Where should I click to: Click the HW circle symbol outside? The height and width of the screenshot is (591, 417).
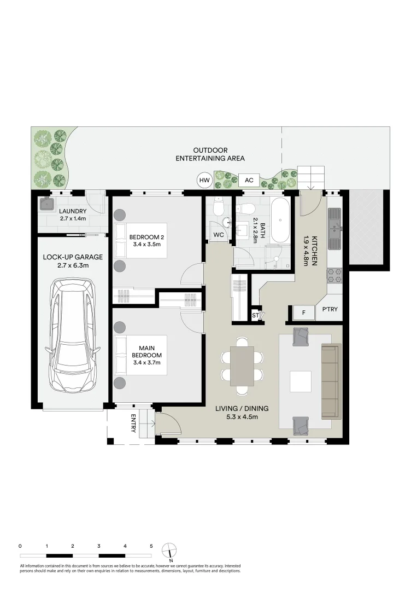204,180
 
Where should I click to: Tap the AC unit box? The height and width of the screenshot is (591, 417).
249,180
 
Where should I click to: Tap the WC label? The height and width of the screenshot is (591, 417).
219,235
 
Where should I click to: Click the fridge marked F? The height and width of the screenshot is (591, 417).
302,313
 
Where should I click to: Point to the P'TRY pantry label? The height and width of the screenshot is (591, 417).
330,310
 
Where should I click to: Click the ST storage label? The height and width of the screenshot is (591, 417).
255,315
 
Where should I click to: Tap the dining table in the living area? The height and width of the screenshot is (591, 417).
242,366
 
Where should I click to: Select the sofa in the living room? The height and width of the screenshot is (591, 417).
329,380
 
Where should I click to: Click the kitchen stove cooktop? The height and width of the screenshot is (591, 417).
334,275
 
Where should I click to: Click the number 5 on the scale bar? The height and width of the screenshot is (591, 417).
151,546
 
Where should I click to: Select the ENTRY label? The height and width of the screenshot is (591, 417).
133,424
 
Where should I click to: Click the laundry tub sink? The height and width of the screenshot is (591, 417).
45,204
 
